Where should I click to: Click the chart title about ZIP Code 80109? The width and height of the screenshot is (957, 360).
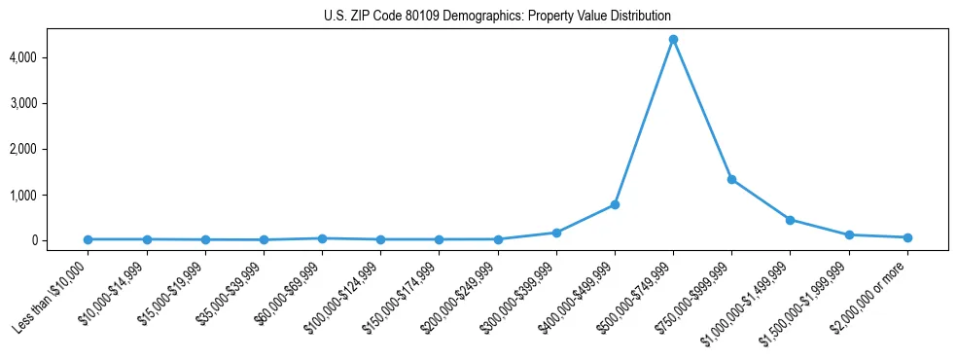click(x=497, y=17)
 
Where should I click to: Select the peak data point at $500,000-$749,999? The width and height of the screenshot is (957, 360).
click(x=673, y=40)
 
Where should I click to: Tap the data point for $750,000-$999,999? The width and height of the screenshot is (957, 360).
click(x=731, y=179)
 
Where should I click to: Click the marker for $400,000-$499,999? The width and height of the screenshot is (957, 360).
click(x=615, y=204)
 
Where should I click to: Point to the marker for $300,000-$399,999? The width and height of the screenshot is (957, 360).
click(x=556, y=233)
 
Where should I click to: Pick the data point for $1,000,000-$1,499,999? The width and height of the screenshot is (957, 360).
click(x=790, y=220)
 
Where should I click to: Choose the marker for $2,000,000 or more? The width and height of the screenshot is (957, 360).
click(x=907, y=237)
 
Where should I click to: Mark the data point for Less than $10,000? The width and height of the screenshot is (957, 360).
click(x=88, y=239)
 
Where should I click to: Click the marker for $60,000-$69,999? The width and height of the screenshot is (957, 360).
click(x=322, y=238)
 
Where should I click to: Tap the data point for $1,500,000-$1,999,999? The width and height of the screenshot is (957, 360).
click(x=849, y=234)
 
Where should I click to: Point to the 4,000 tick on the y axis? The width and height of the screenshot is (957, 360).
click(x=49, y=57)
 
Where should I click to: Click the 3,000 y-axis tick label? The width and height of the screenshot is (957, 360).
click(x=49, y=103)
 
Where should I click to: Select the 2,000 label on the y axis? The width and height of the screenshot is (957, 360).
click(x=49, y=149)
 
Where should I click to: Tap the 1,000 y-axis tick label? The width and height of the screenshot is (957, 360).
click(x=49, y=195)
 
